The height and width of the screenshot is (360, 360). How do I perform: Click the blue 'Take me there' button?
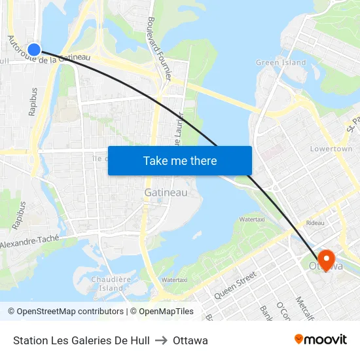tap(180, 160)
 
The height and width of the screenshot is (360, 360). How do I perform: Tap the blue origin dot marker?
tap(34, 49)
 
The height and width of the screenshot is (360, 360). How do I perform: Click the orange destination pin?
tap(325, 258)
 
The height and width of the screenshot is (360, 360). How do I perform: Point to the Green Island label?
tap(281, 63)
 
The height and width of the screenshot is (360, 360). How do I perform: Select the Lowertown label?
tap(331, 149)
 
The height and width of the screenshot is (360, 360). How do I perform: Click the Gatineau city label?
tap(166, 192)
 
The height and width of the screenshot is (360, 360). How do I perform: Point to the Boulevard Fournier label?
tap(159, 48)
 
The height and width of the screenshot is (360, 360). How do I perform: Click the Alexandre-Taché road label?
tap(30, 243)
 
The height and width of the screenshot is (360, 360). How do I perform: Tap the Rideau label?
tap(315, 223)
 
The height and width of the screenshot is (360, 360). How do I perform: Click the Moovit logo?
tap(320, 340)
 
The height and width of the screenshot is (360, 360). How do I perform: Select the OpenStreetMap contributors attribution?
tap(65, 312)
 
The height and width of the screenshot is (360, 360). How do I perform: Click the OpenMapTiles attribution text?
tap(166, 312)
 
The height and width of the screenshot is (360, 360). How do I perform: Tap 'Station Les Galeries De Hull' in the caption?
tap(81, 340)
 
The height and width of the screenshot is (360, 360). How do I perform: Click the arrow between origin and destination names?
tap(161, 340)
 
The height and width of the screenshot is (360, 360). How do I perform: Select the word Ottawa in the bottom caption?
tap(190, 340)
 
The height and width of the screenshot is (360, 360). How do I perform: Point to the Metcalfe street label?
tap(302, 307)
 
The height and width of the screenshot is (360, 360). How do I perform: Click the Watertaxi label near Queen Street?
tap(174, 279)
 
